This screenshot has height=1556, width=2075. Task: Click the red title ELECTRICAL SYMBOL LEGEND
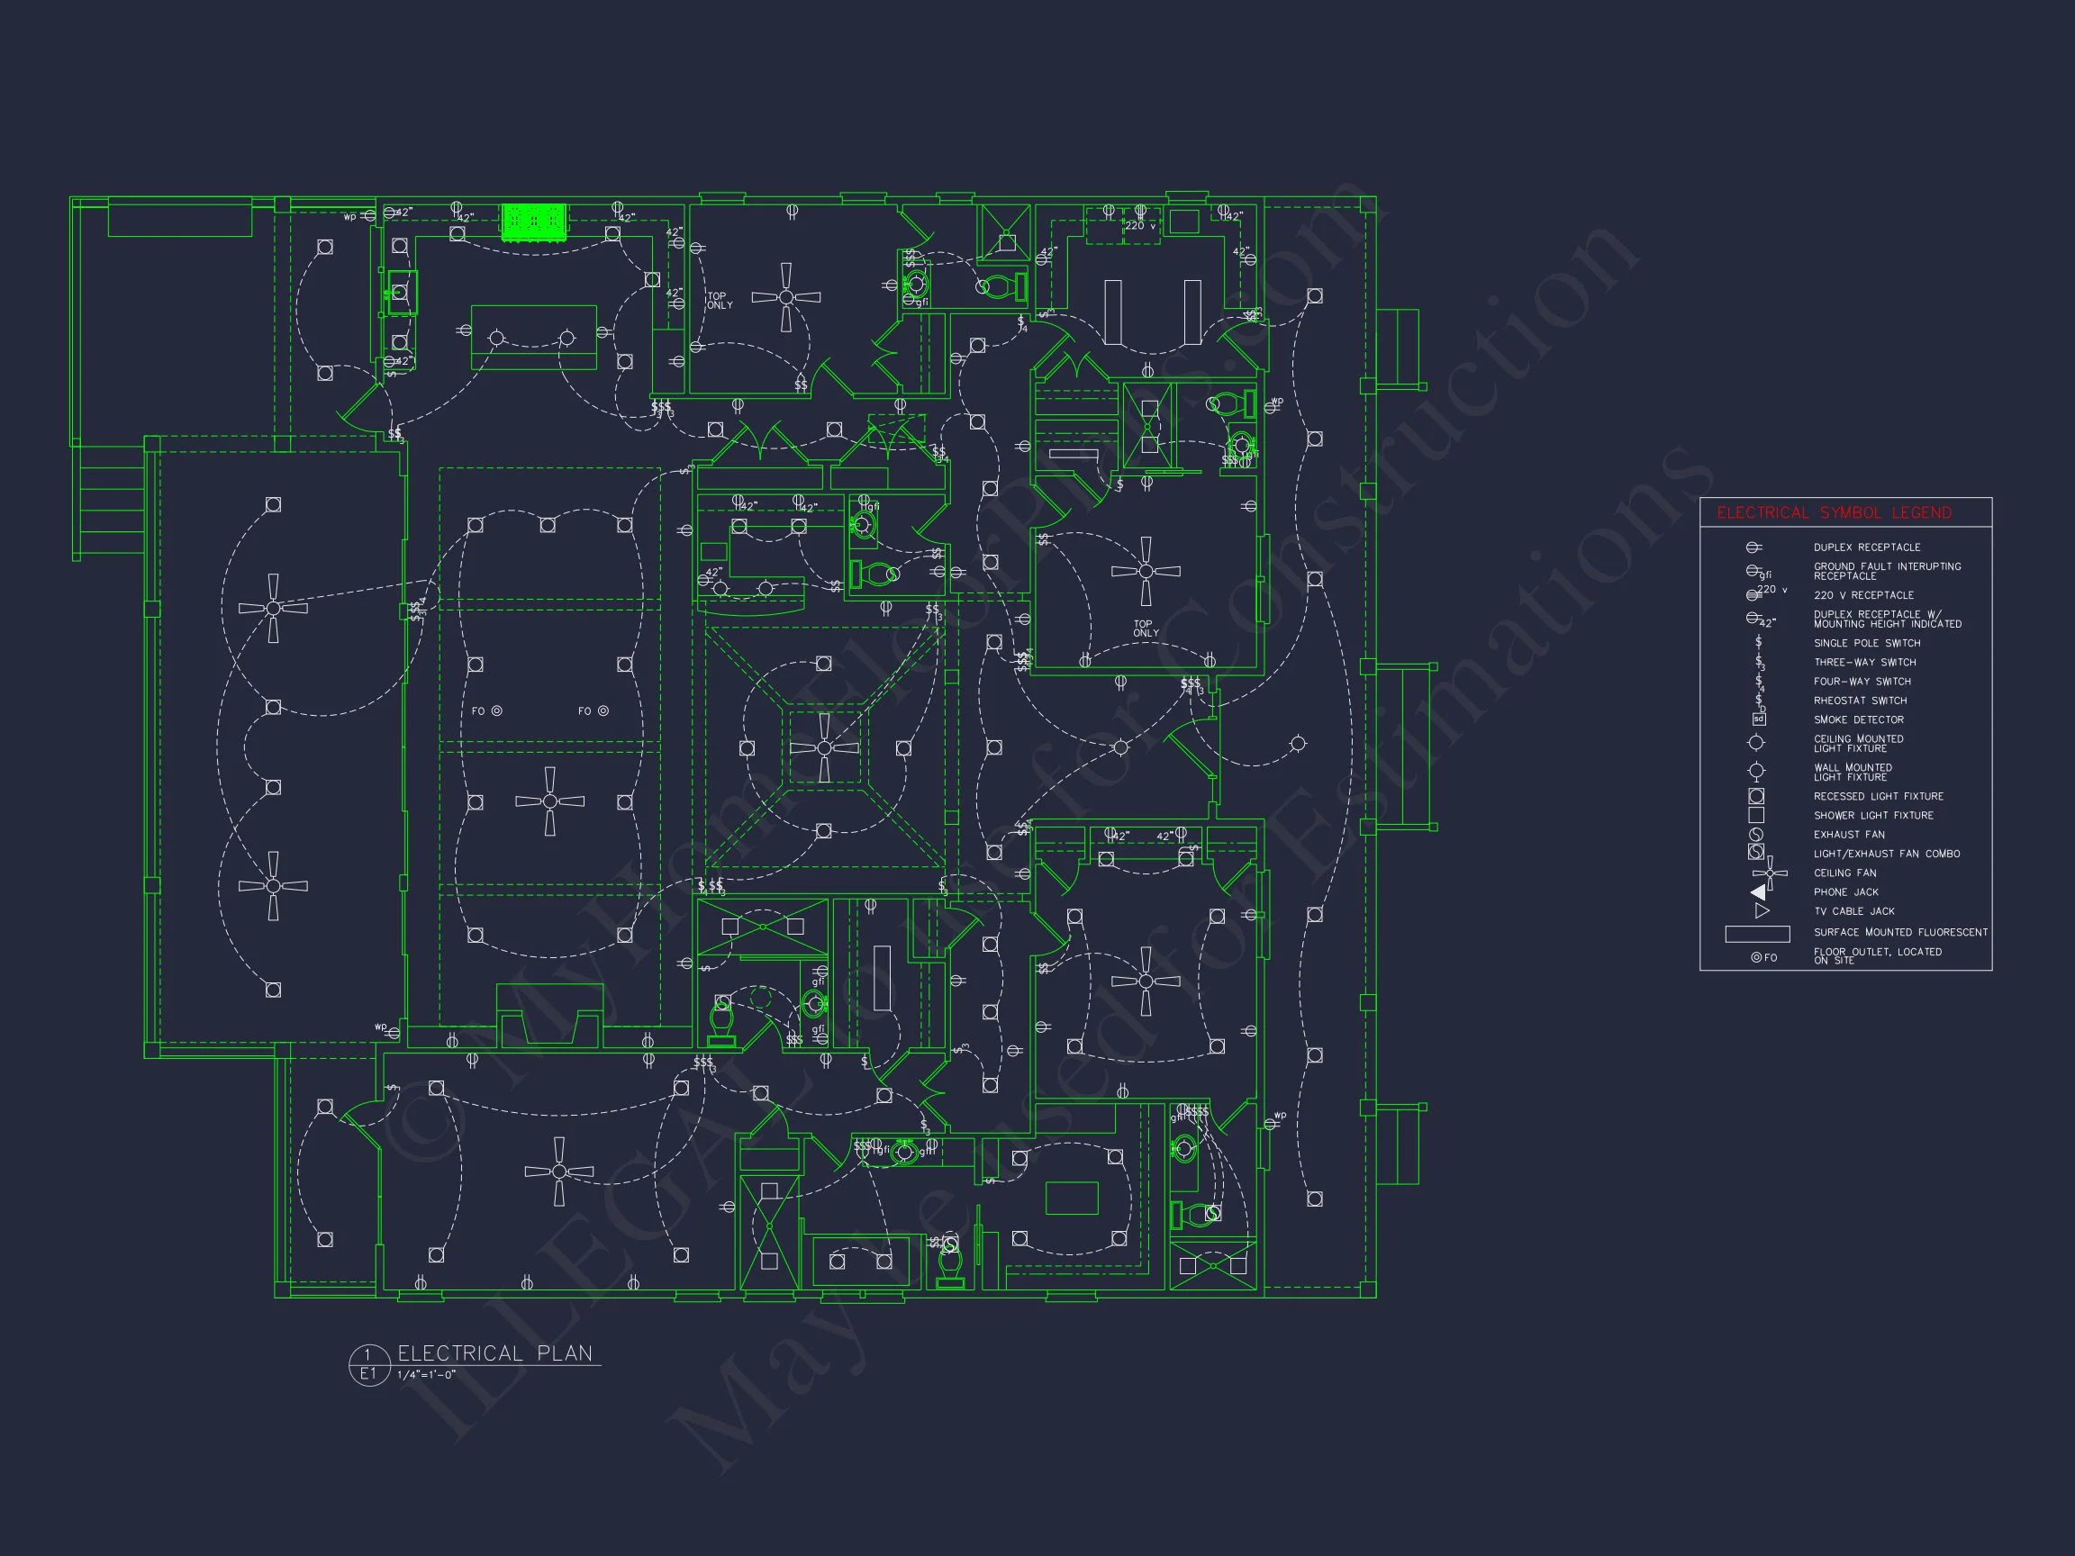(x=1833, y=513)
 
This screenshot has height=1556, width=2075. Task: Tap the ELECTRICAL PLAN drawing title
(x=494, y=1353)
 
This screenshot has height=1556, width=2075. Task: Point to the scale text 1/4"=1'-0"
(x=426, y=1375)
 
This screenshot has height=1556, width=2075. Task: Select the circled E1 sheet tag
(x=367, y=1374)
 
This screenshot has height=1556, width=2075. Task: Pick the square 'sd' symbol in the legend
(x=1759, y=719)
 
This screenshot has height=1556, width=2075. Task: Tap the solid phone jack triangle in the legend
(x=1759, y=892)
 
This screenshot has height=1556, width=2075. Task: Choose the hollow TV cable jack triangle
(x=1762, y=910)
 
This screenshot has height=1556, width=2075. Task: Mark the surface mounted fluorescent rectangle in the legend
(x=1757, y=933)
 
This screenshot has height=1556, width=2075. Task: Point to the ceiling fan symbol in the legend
(x=1769, y=873)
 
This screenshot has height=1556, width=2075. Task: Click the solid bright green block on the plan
(x=534, y=222)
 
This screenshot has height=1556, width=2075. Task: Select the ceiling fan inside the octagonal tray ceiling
(x=824, y=747)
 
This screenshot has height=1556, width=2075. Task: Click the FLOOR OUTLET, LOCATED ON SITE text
(x=1876, y=955)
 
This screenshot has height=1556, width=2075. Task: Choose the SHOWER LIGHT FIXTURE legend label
(x=1873, y=816)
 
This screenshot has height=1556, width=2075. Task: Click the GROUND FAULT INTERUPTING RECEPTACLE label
(x=1887, y=571)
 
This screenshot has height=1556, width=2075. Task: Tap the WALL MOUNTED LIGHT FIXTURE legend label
(x=1852, y=772)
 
